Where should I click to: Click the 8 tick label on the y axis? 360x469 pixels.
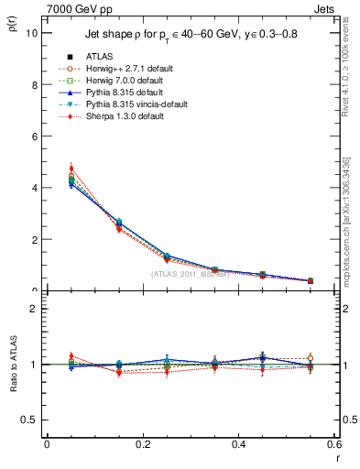tap(33, 84)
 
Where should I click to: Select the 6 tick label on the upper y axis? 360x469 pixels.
tap(33, 136)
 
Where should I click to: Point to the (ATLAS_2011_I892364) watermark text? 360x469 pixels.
tap(191, 273)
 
